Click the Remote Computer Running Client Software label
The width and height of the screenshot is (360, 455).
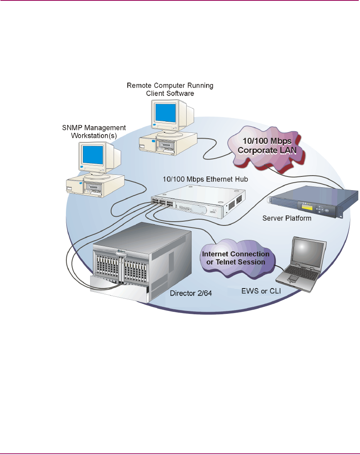coord(170,90)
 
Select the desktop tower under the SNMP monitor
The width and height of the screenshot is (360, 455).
coord(95,185)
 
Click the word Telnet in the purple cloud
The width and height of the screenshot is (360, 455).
coord(228,262)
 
